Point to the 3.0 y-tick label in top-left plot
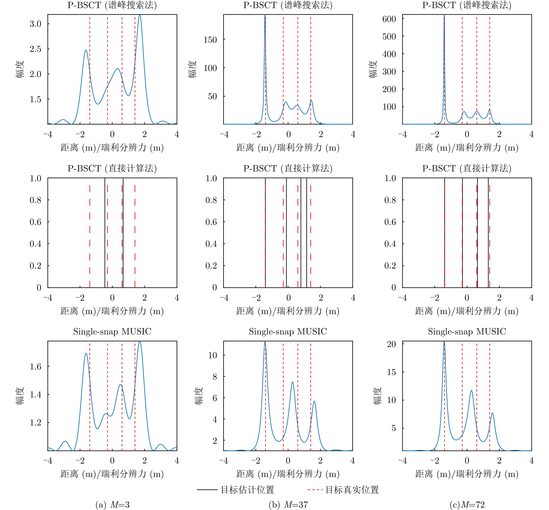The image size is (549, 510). [35, 24]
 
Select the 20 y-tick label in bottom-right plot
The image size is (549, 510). [391, 344]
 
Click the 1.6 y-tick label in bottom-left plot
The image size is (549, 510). [35, 367]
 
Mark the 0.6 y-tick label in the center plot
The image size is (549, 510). [211, 222]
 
